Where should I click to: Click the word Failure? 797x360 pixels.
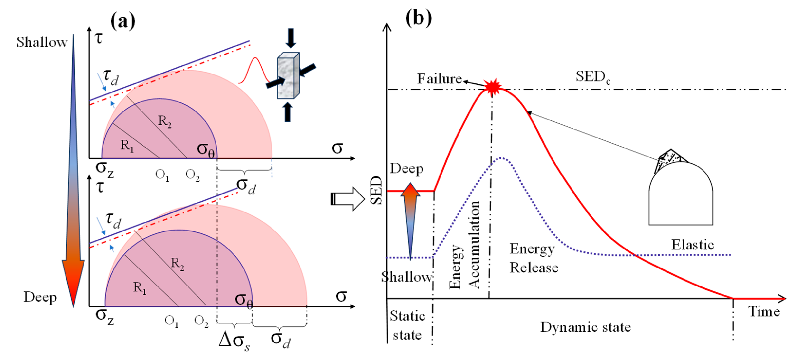click(439, 79)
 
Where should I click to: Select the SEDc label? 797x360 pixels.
click(593, 77)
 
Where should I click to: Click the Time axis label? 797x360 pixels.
click(764, 312)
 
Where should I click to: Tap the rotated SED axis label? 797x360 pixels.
click(376, 190)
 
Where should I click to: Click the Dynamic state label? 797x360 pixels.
click(585, 327)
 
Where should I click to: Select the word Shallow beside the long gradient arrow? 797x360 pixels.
click(42, 42)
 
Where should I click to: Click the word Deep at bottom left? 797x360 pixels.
click(40, 297)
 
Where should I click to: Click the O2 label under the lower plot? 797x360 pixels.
click(201, 321)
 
